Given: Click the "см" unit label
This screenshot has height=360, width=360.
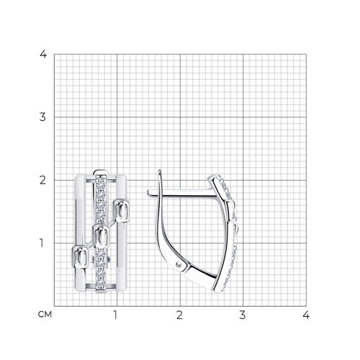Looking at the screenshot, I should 44,314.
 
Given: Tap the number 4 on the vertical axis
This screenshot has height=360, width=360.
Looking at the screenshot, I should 44,54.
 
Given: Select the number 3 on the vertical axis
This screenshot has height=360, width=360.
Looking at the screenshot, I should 44,117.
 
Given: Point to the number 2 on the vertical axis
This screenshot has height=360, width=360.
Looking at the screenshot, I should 44,179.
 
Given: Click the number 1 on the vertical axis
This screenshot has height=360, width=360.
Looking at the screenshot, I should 44,243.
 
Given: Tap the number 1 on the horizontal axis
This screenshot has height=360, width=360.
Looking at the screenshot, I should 116,315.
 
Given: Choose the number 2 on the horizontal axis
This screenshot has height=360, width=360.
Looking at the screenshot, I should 179,315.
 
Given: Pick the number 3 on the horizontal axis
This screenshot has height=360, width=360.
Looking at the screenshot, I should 243,315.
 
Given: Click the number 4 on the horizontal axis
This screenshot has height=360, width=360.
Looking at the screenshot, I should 306,315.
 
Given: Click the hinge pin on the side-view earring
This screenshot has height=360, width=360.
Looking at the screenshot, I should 179,267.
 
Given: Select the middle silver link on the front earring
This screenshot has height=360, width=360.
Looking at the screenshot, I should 102,234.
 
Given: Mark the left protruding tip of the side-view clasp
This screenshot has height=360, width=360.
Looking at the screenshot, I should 148,192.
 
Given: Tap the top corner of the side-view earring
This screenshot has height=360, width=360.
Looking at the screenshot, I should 220,175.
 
